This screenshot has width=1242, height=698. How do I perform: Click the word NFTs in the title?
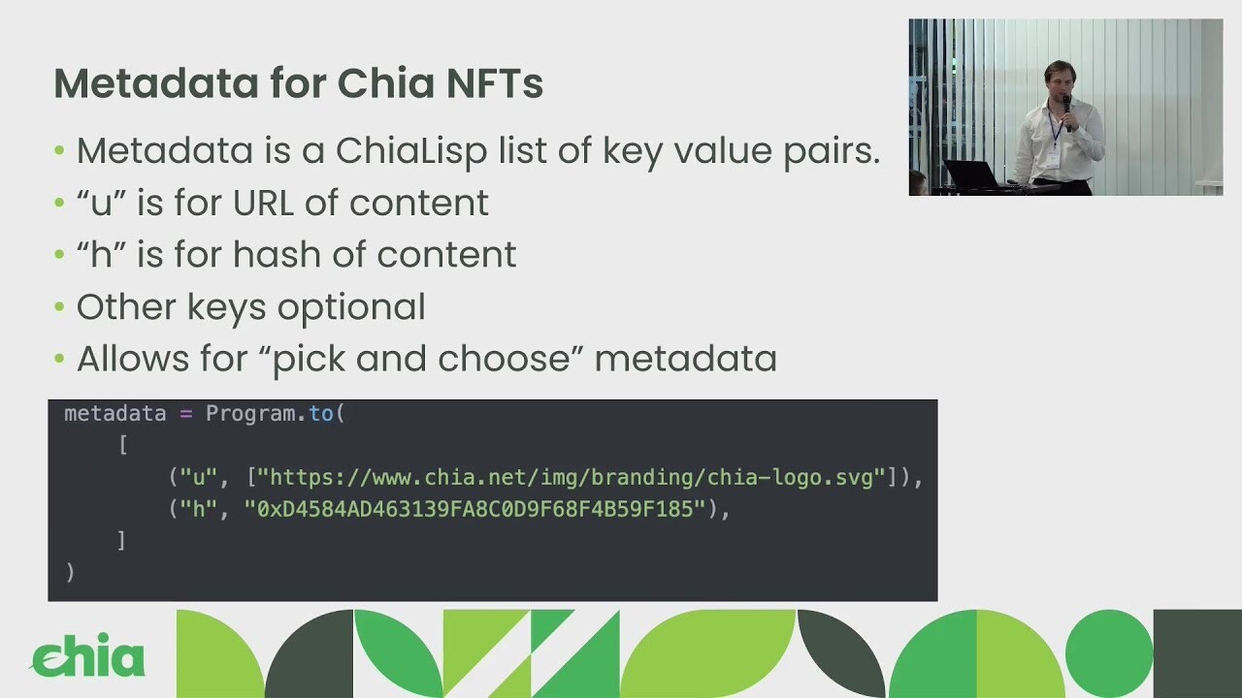[495, 83]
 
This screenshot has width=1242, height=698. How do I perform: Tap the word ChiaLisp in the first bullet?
[410, 151]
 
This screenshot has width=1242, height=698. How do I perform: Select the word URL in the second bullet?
[263, 203]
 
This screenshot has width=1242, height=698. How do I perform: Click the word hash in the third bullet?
[277, 254]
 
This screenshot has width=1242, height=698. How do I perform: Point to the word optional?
[351, 307]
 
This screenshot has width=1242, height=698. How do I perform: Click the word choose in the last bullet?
[504, 360]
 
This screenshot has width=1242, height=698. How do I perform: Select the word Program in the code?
[250, 414]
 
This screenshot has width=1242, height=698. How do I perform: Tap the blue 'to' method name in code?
[321, 413]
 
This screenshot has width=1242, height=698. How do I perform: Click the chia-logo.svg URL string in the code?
[572, 477]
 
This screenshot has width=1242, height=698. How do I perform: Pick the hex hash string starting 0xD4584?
[475, 509]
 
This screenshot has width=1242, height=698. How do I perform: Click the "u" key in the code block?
[199, 477]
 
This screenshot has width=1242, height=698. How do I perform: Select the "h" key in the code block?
[199, 509]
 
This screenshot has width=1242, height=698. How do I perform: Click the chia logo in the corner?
[87, 656]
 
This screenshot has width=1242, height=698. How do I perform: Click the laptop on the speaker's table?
[973, 174]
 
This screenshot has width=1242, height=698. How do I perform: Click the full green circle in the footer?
[1109, 653]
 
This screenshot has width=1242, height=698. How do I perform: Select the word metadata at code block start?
[115, 414]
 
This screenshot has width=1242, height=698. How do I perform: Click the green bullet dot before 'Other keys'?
[60, 306]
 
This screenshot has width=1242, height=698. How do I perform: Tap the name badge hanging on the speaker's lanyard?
[1053, 157]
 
